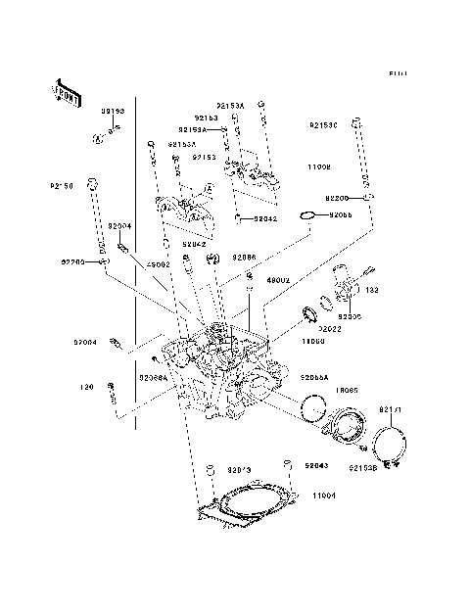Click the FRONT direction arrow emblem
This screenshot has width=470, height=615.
64,92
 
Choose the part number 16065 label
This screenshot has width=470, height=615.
346,390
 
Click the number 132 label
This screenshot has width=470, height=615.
373,291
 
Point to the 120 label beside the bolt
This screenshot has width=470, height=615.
85,386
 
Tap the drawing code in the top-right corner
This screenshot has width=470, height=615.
397,73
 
